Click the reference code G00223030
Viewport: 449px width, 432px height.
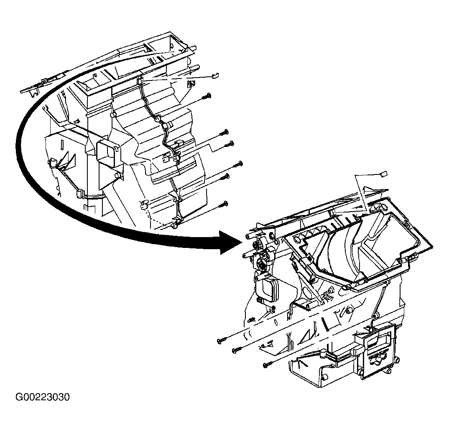click(x=43, y=397)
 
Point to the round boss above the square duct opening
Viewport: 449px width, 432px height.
click(x=113, y=115)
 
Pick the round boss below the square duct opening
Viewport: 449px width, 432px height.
click(x=118, y=175)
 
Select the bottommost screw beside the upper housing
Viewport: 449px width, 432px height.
click(x=223, y=204)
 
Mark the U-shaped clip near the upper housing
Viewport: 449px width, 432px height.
click(x=191, y=84)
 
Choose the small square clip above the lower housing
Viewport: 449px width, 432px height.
click(x=383, y=174)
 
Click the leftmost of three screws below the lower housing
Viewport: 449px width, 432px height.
click(x=222, y=340)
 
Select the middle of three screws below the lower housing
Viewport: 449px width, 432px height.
click(x=237, y=349)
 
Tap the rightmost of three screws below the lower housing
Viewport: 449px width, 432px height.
click(x=268, y=364)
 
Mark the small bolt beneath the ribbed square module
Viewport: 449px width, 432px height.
click(x=273, y=308)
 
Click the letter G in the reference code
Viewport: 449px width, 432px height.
click(x=19, y=397)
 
